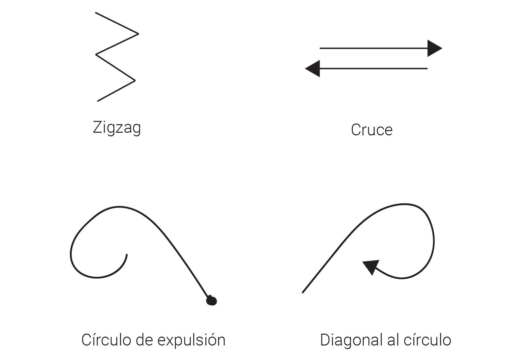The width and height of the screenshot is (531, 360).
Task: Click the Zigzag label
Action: coord(117,127)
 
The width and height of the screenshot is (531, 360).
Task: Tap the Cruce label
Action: coord(371,130)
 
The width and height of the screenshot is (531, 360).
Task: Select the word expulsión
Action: coord(191,340)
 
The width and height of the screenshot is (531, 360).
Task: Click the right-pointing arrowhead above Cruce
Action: coord(434,48)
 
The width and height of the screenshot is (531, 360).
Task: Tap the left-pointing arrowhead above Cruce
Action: coord(313,69)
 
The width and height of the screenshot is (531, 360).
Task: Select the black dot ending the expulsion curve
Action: coord(211,300)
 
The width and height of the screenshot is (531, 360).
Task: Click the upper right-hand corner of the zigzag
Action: coord(138,34)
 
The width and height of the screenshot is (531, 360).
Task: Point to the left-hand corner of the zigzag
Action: coord(96,54)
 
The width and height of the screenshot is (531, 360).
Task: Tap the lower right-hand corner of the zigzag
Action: coord(135,80)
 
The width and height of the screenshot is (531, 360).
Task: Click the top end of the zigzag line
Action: coord(96,13)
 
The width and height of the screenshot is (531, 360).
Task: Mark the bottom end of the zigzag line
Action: coord(98,101)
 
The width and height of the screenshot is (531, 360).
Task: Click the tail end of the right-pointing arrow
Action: coord(320,48)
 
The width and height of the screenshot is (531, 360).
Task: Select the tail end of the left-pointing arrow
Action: coord(427,69)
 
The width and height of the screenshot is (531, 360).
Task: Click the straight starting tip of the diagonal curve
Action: coord(303,292)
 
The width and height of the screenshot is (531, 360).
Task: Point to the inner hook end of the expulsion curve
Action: coord(127,255)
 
